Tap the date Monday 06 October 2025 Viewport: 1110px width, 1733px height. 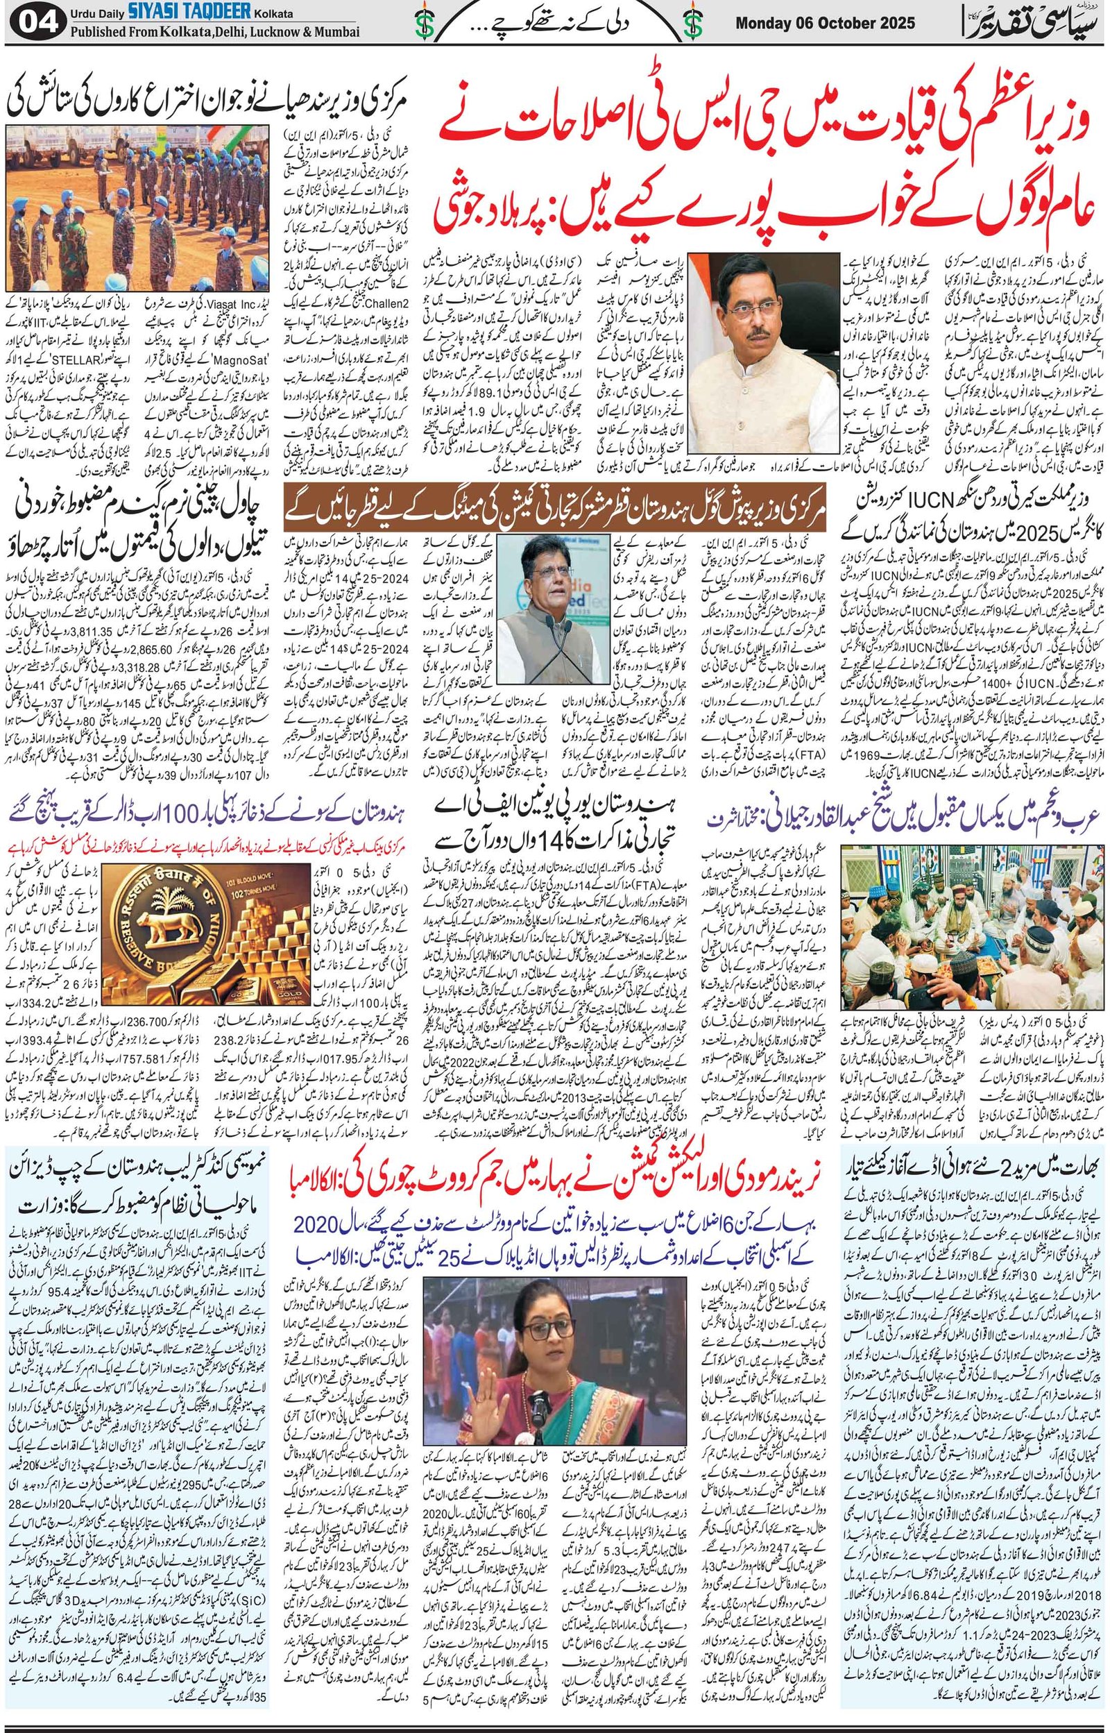(x=825, y=24)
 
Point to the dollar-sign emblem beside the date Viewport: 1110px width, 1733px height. (x=694, y=25)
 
